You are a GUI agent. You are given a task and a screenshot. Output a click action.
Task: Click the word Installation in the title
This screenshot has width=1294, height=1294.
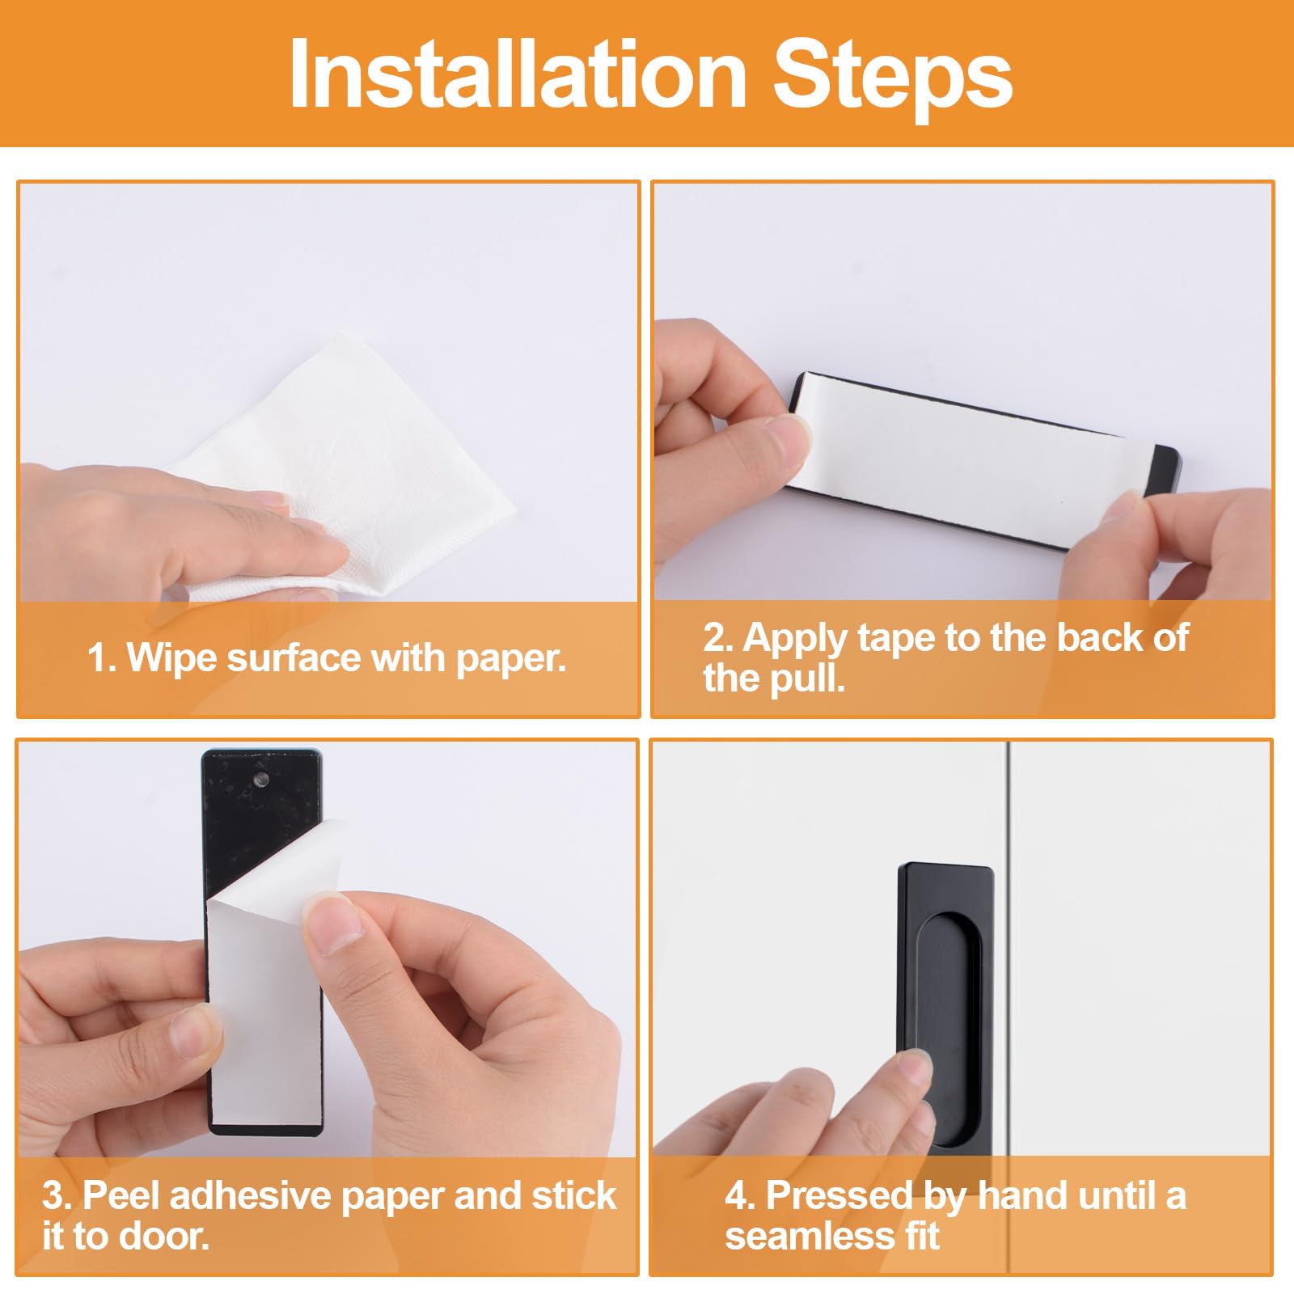518,74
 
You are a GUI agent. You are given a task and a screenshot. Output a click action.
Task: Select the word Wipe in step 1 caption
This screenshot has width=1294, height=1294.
174,658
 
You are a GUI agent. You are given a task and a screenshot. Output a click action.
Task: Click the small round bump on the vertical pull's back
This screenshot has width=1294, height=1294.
262,780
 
